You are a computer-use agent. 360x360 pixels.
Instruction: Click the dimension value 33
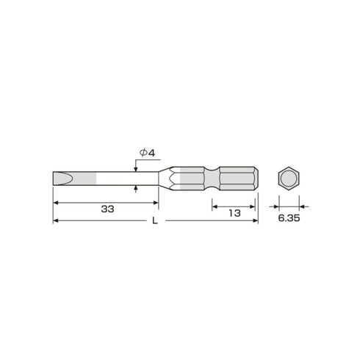pyautogui.click(x=107, y=209)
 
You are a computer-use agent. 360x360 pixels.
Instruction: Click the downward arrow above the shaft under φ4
pyautogui.click(x=137, y=168)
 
